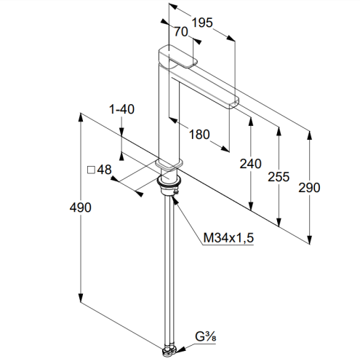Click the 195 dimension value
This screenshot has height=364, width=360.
(202, 23)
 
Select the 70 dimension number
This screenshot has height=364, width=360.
(181, 32)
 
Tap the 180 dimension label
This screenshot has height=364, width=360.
(199, 135)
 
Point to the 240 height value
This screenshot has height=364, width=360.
(251, 164)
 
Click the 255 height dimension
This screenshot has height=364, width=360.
(279, 177)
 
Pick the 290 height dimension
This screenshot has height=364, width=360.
(309, 188)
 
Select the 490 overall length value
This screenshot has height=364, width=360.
(81, 207)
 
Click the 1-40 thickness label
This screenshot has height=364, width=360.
(121, 109)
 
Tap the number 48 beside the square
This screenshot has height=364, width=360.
(104, 170)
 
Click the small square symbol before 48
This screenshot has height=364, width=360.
(91, 170)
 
